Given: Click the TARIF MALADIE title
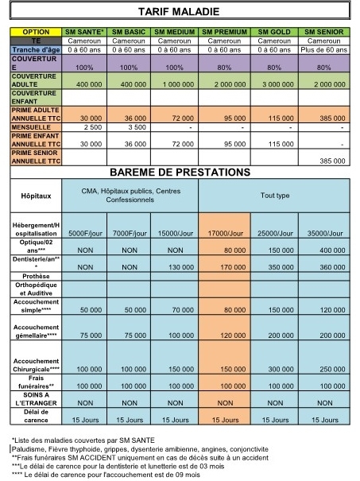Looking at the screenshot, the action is pos(180,13).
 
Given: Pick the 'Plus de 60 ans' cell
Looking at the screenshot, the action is pos(324,48).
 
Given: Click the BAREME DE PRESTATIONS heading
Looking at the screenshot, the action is pos(180,172).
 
